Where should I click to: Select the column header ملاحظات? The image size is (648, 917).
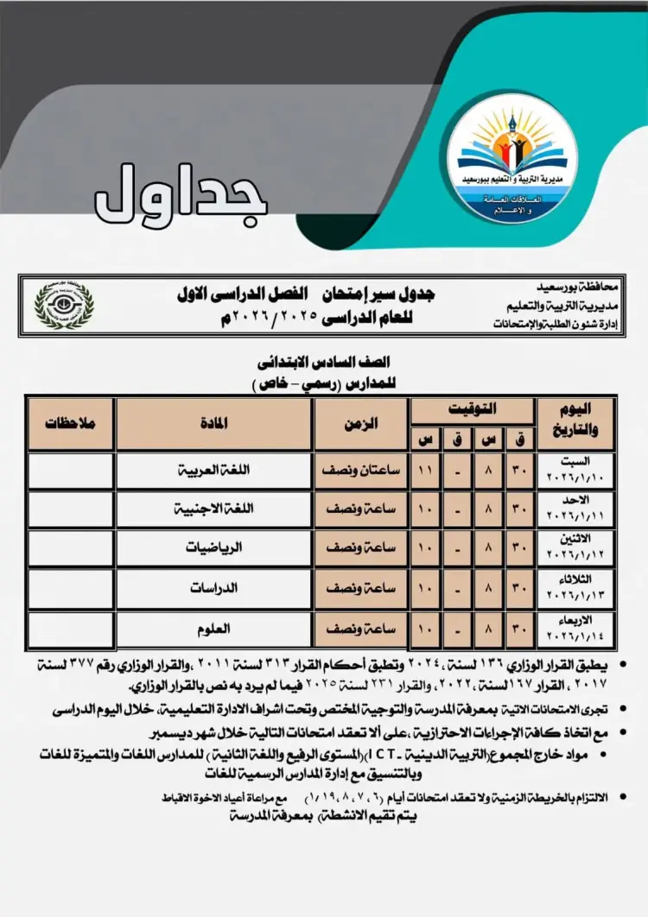[x=71, y=424]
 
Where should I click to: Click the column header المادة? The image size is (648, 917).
[x=213, y=424]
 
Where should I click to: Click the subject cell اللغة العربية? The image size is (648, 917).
[x=213, y=471]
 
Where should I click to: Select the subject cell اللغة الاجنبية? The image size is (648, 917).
[x=213, y=509]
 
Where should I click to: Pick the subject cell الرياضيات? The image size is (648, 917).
[x=213, y=548]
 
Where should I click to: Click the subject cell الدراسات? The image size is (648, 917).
[x=213, y=587]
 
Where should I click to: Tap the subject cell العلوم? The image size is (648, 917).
[x=213, y=629]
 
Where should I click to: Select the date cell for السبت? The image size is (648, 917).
[x=576, y=471]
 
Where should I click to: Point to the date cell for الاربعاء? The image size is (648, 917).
[x=576, y=629]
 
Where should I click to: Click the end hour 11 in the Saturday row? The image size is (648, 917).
[x=424, y=471]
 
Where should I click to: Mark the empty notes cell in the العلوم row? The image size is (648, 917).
[x=71, y=629]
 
